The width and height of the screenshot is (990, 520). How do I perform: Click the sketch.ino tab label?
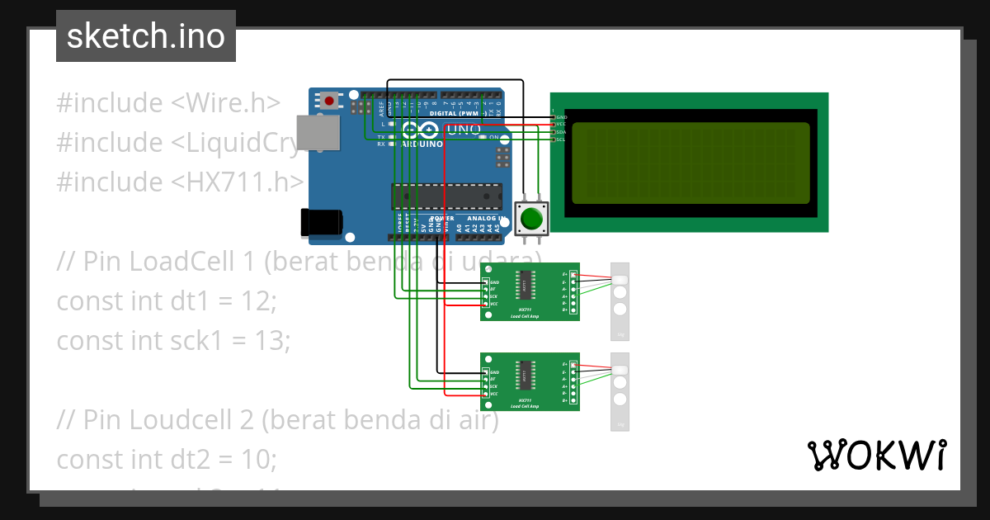(145, 36)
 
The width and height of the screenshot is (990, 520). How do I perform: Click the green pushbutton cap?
(530, 219)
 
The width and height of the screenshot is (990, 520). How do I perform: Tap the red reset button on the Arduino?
(330, 101)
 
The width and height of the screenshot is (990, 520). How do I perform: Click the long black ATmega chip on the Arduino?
(446, 196)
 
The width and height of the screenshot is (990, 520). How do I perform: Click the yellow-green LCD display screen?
(691, 163)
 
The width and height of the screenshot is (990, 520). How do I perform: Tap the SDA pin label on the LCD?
(561, 132)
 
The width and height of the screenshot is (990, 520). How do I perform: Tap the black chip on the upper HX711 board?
(525, 284)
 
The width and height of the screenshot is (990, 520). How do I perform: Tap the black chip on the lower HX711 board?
(525, 374)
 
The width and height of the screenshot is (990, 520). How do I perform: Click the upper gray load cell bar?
(620, 301)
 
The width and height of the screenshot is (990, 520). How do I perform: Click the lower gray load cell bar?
(620, 391)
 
